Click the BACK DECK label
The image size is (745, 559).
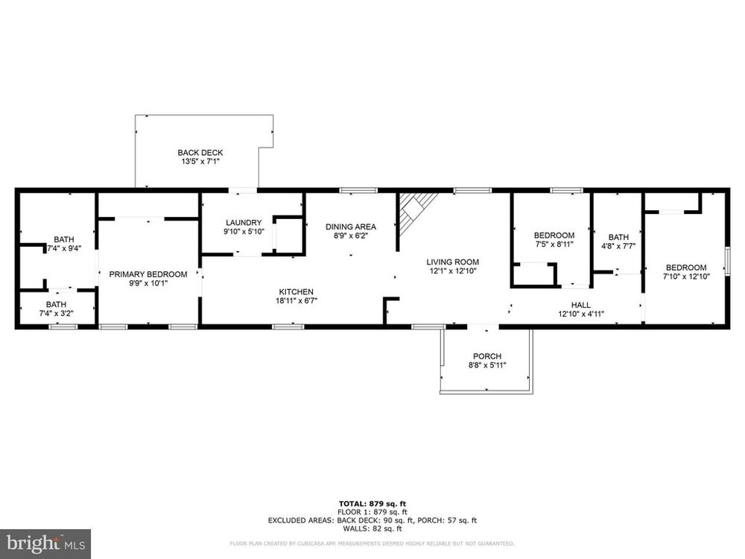(200, 153)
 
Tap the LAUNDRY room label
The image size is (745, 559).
(244, 222)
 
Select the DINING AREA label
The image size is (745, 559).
(351, 227)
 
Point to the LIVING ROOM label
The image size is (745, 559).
(452, 262)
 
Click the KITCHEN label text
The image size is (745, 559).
(296, 292)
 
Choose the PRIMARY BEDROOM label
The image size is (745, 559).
(148, 274)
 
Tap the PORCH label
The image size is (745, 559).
(487, 356)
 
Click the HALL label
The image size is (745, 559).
(581, 305)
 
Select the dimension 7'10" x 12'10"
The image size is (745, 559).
(687, 277)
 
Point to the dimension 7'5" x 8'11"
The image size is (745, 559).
(554, 244)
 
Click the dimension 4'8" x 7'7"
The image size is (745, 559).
(618, 246)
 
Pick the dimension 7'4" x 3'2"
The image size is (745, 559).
(56, 313)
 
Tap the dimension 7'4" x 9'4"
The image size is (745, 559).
(63, 248)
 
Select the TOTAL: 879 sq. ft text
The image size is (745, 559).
(372, 504)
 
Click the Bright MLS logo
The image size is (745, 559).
(45, 543)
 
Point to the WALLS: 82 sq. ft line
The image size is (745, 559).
(372, 528)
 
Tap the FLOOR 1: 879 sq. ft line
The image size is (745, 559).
(372, 512)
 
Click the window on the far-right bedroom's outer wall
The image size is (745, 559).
(727, 261)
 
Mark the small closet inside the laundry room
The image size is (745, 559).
(289, 235)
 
